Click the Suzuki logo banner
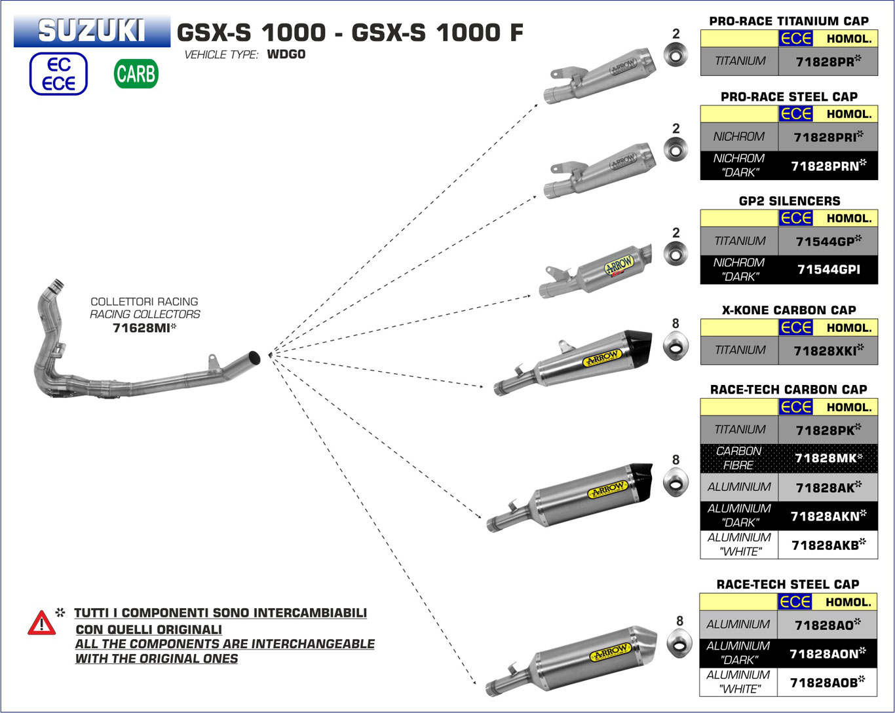click(x=92, y=31)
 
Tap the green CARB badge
click(x=136, y=73)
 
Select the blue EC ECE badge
click(x=58, y=74)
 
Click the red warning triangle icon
click(x=41, y=623)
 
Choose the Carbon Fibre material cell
click(x=738, y=458)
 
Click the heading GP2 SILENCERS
click(x=789, y=201)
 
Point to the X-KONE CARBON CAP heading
click(x=789, y=310)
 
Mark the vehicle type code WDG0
click(x=286, y=54)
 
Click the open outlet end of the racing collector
click(x=254, y=358)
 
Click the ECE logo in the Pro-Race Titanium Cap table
click(x=795, y=39)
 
